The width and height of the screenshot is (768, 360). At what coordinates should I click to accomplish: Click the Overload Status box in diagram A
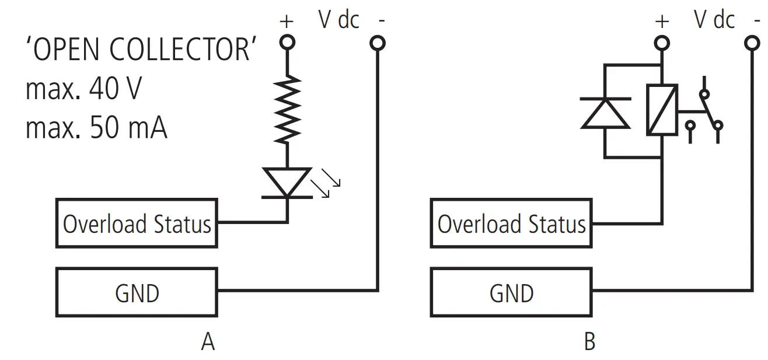pyautogui.click(x=137, y=223)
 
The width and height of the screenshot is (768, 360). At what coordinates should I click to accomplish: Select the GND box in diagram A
pyautogui.click(x=137, y=292)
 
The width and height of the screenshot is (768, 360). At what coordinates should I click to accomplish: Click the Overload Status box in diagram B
pyautogui.click(x=511, y=223)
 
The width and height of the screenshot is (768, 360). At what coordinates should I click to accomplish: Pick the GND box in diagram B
pyautogui.click(x=511, y=292)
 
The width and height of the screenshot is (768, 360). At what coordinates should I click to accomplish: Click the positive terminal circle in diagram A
pyautogui.click(x=287, y=43)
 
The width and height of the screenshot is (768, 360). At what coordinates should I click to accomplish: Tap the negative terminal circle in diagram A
pyautogui.click(x=378, y=43)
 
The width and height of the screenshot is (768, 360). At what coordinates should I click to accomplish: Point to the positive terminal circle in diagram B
pyautogui.click(x=662, y=43)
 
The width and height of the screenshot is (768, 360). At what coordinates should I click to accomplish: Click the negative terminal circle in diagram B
pyautogui.click(x=753, y=43)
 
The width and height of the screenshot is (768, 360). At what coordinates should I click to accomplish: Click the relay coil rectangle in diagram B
pyautogui.click(x=662, y=110)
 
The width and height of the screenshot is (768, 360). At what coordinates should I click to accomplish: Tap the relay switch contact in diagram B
pyautogui.click(x=706, y=111)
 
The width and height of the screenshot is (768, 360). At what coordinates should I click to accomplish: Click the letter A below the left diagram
pyautogui.click(x=208, y=342)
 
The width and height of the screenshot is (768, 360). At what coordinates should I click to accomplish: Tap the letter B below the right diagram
pyautogui.click(x=589, y=342)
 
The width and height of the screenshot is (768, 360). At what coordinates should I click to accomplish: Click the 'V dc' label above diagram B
pyautogui.click(x=714, y=20)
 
